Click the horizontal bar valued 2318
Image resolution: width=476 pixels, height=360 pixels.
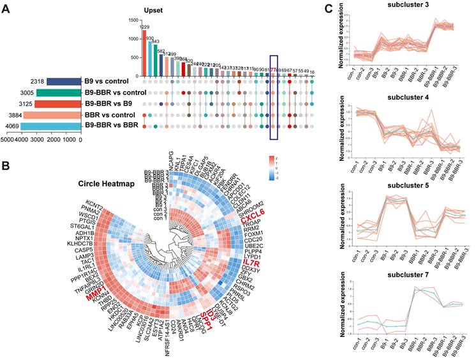[x=64, y=82]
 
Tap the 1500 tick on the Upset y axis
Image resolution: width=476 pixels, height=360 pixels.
[x=132, y=21]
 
